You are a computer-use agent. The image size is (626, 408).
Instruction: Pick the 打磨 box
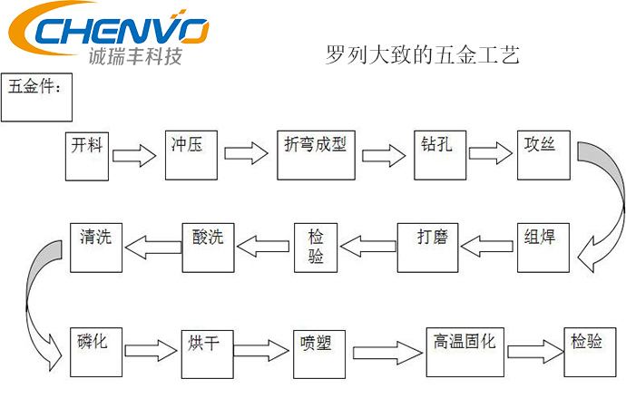427,246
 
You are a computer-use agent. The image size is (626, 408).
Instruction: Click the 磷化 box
93,348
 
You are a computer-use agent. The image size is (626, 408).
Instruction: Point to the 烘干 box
209,349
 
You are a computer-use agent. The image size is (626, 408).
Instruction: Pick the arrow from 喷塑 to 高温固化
385,351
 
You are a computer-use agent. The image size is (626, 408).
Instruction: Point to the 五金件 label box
37,97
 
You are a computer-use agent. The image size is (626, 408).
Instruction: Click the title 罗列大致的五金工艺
421,56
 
